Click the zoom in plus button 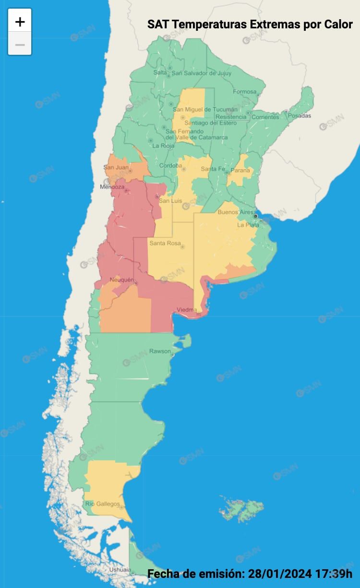[x=20, y=22]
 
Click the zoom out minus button [x=20, y=45]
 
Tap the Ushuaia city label [x=120, y=570]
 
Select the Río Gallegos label [x=103, y=504]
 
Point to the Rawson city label [x=159, y=351]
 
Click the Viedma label [x=186, y=310]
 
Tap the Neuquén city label [x=122, y=280]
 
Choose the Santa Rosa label [x=165, y=244]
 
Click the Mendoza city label [x=112, y=187]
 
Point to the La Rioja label [x=164, y=146]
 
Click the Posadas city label [x=300, y=116]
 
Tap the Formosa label [x=245, y=92]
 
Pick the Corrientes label [x=265, y=117]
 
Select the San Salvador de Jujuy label [x=201, y=73]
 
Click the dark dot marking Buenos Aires [x=255, y=216]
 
